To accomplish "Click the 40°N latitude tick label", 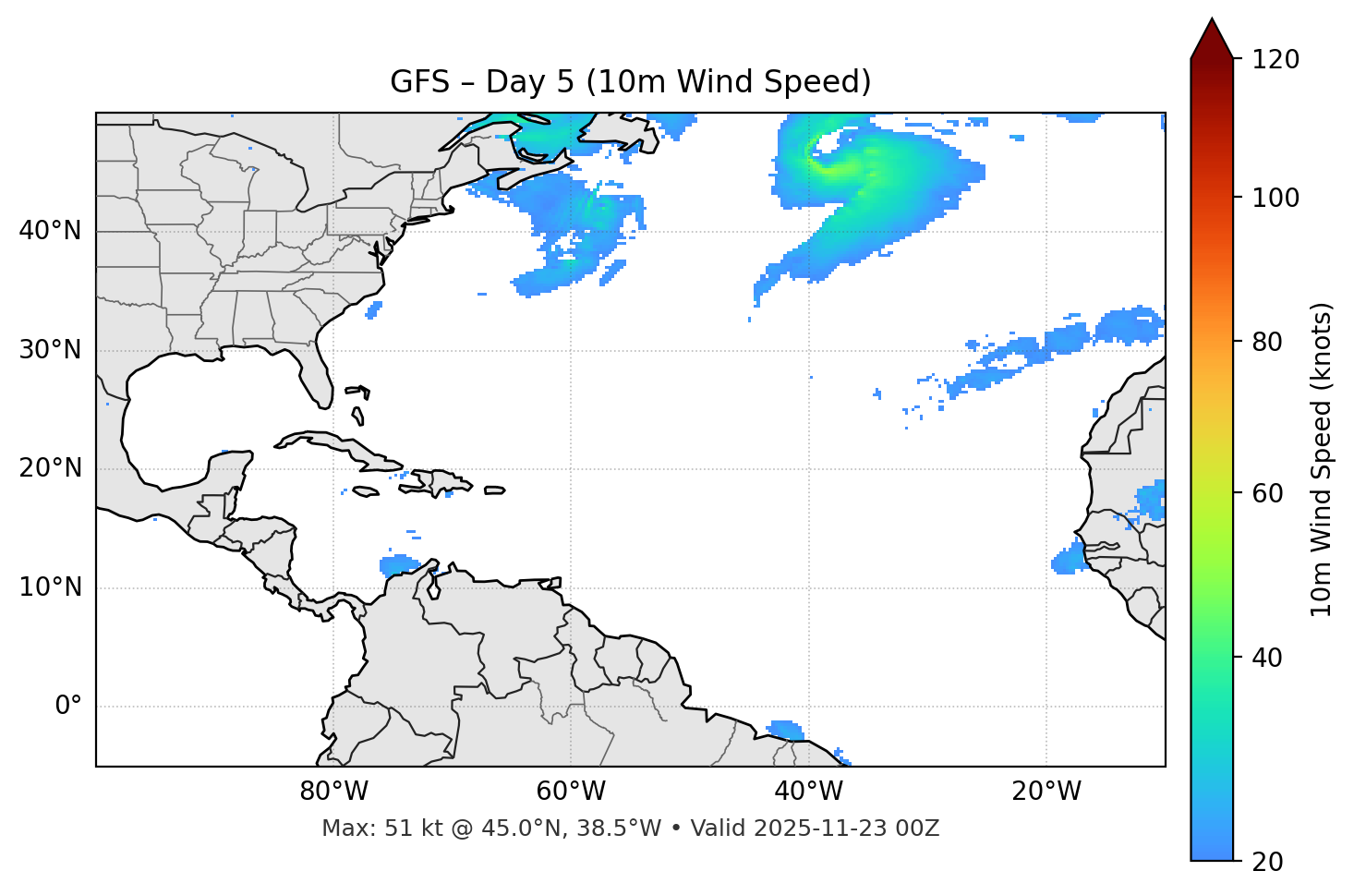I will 50,231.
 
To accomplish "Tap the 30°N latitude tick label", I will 50,350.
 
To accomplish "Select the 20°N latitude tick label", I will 50,468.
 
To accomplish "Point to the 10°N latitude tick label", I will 50,587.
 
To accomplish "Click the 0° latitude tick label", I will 68,707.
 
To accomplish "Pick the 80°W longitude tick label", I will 333,792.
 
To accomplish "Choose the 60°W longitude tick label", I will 571,792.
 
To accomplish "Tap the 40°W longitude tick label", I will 808,792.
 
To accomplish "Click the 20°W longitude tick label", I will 1046,792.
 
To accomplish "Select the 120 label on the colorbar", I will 1275,59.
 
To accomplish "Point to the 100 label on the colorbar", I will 1275,198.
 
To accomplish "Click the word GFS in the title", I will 419,82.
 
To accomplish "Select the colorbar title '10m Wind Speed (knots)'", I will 1322,460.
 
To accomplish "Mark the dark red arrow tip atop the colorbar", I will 1212,35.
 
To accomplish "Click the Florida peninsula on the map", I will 316,374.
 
